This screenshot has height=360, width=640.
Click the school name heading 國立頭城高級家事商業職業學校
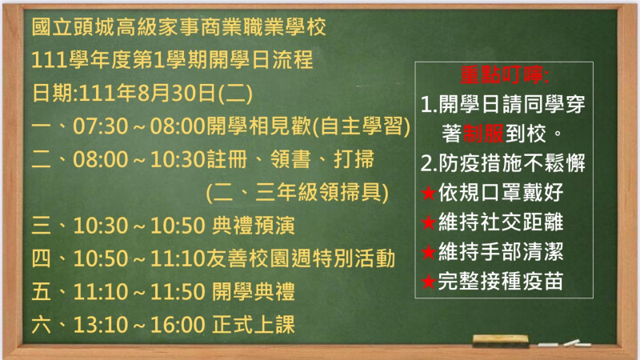(178, 27)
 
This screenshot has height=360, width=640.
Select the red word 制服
(484, 134)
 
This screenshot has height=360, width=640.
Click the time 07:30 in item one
(101, 126)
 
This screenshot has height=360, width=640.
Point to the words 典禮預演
(253, 226)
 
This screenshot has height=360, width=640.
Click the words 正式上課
(253, 325)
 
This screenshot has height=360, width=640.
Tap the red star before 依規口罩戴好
(429, 193)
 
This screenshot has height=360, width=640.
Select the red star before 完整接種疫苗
(429, 282)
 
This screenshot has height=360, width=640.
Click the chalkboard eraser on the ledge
(501, 341)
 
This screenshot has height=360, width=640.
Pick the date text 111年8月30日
(147, 93)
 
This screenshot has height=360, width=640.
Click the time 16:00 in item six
(178, 325)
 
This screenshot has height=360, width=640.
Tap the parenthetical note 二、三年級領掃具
(297, 192)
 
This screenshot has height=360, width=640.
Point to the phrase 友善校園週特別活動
(301, 258)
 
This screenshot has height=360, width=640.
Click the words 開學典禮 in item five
(253, 291)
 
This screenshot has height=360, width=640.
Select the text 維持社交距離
(501, 222)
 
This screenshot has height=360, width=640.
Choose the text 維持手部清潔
(501, 251)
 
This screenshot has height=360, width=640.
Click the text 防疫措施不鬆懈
(512, 163)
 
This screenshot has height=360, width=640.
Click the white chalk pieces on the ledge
(564, 343)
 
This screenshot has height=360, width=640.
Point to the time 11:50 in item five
(178, 292)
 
